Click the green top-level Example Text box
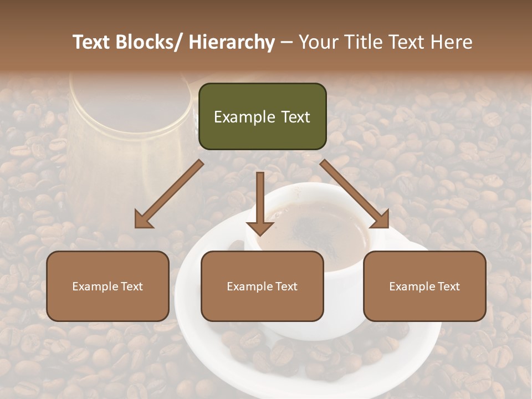tap(262, 116)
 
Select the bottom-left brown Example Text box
tap(108, 286)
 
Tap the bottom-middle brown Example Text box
tap(262, 286)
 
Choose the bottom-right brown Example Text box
tap(424, 286)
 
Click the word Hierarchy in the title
tap(232, 43)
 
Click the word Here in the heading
tap(451, 43)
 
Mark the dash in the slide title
tap(287, 43)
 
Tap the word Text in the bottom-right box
tap(447, 286)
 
